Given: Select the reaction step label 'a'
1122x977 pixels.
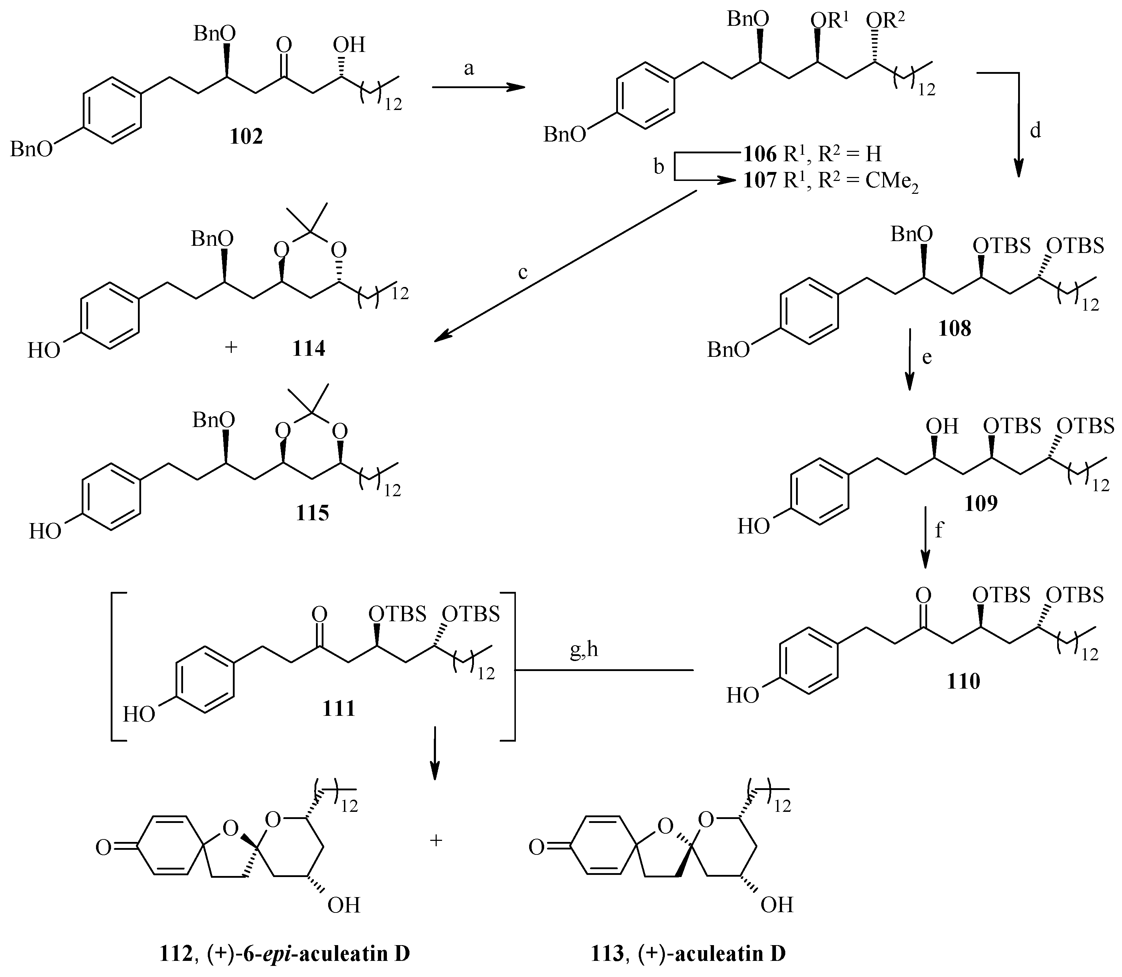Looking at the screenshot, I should tap(469, 69).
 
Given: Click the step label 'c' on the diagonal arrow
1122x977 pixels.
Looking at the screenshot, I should tap(523, 272).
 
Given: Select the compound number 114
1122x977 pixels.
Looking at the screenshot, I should tap(308, 348).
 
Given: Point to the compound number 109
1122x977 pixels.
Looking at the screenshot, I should tap(981, 503).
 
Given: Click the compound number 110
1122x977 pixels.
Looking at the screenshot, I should tap(963, 681).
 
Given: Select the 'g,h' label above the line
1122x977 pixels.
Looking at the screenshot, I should tap(584, 650).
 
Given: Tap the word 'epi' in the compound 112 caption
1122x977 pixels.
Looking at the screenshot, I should tap(279, 953).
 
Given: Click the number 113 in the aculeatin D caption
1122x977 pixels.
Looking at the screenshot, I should tap(607, 953).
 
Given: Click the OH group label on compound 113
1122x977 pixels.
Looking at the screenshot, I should tap(777, 905).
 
